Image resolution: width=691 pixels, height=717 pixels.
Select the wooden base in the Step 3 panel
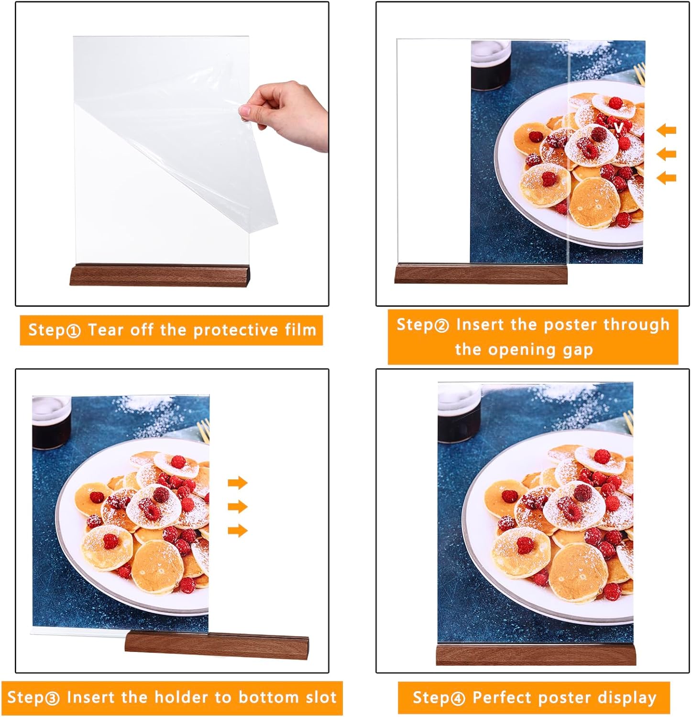[217, 643]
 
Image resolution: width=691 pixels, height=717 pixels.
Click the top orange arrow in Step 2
[666, 130]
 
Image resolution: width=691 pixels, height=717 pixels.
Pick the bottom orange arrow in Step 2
[666, 178]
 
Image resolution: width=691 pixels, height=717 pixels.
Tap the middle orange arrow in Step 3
[238, 506]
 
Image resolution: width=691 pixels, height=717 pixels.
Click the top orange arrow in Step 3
[238, 482]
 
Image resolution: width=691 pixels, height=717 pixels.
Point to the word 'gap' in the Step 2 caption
[578, 350]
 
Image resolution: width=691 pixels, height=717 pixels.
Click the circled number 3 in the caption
[52, 698]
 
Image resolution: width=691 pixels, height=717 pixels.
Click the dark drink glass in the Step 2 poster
[491, 65]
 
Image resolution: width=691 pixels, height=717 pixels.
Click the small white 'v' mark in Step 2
[618, 127]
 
